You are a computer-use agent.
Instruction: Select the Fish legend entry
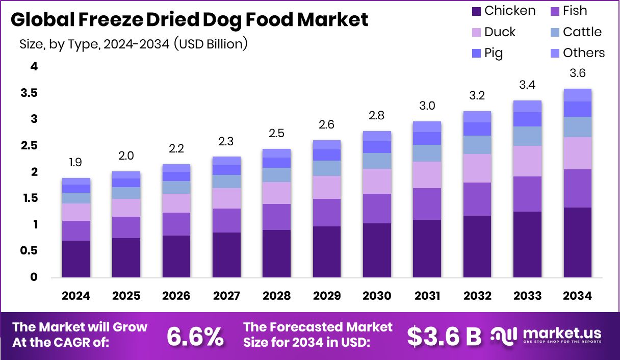coord(575,11)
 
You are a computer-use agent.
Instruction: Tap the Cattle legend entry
coord(582,32)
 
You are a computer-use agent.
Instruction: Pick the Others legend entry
coord(583,53)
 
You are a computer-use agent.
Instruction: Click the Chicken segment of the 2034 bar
coord(578,242)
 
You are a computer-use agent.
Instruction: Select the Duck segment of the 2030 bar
coord(377,181)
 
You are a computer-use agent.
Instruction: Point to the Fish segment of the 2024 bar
coord(76,230)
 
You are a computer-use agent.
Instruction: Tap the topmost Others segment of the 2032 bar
coord(477,116)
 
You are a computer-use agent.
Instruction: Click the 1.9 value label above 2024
coord(76,163)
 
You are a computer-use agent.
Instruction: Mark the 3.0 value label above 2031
coord(427,106)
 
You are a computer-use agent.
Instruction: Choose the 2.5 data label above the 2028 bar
coord(276,133)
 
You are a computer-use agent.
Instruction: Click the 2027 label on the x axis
coord(226,296)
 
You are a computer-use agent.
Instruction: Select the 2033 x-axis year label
coord(527,296)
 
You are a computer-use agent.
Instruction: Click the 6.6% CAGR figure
coord(195,336)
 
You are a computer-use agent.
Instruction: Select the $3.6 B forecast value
coord(445,336)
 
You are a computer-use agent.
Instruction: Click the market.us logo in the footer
coord(546,335)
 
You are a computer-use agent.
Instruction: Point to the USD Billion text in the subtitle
coord(211,44)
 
